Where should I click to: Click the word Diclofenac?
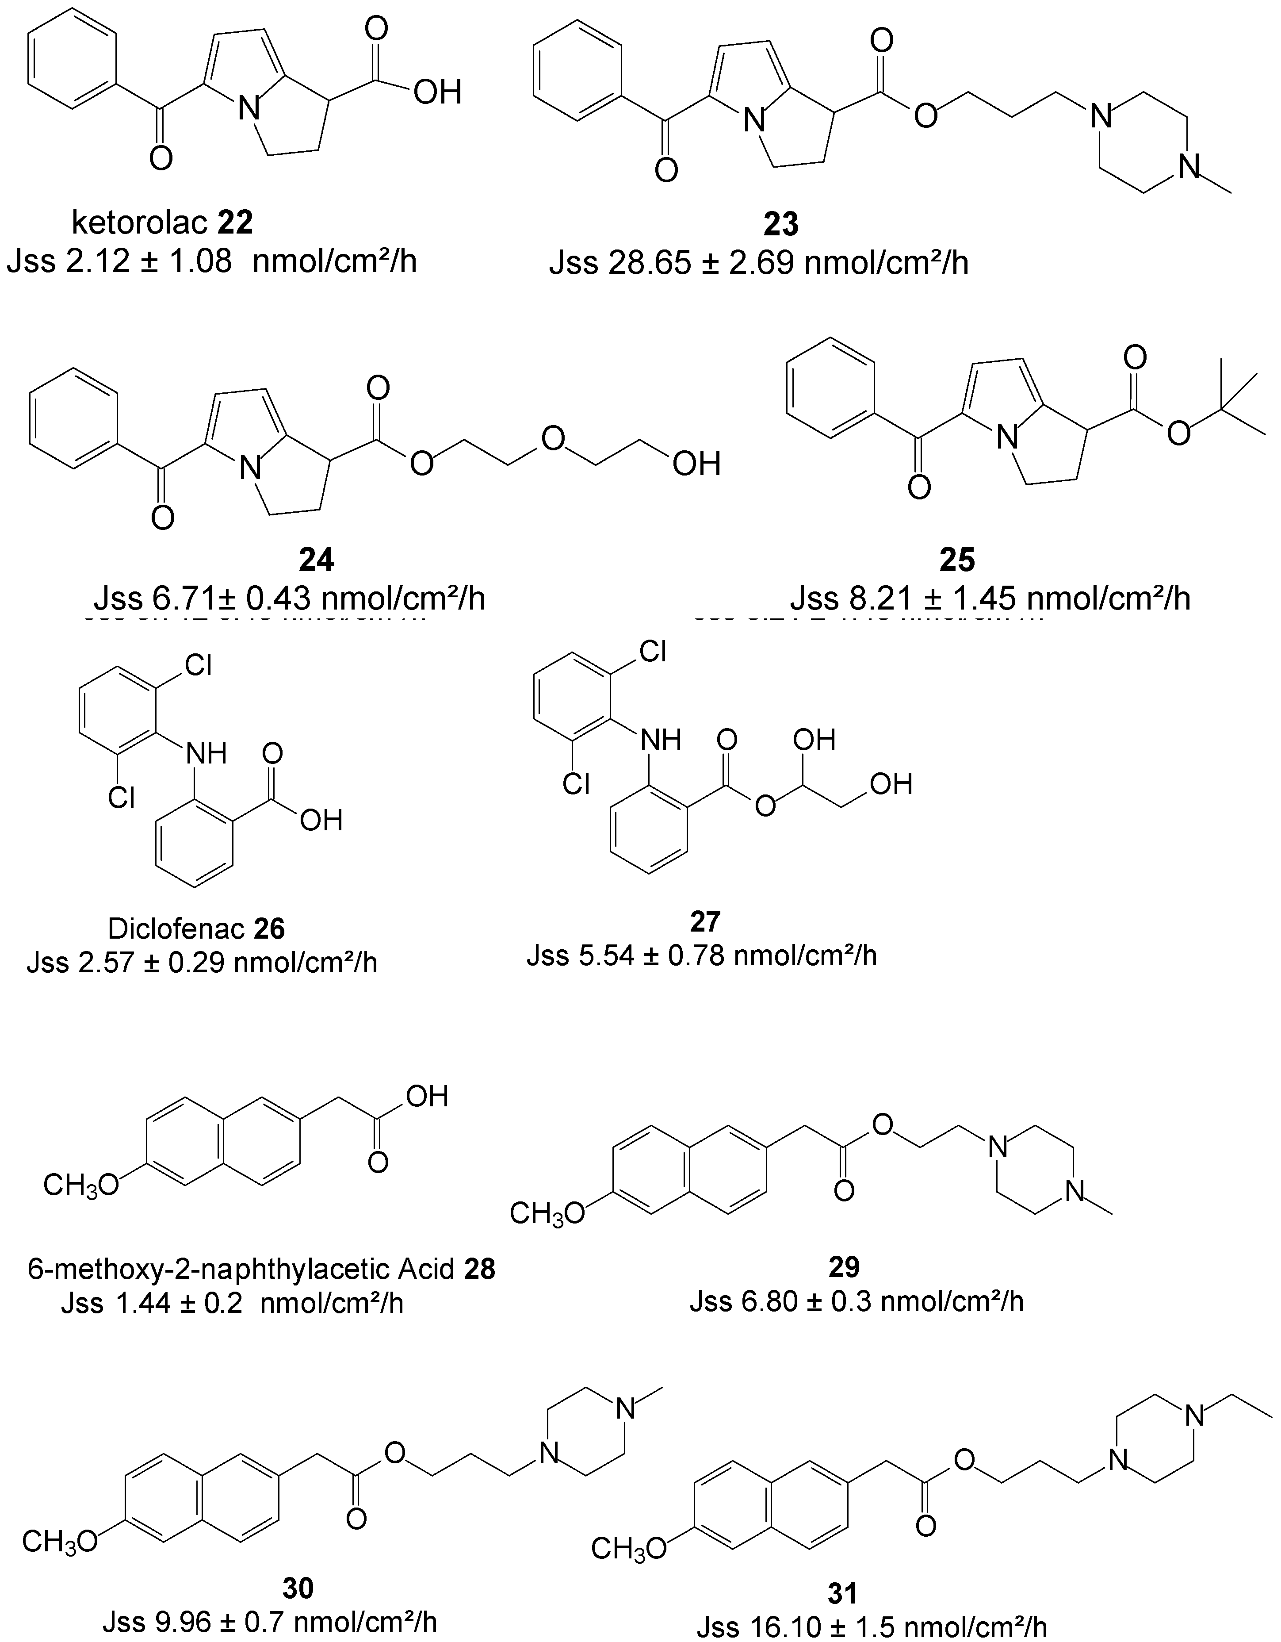click(175, 929)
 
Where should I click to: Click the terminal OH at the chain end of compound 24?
click(696, 464)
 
